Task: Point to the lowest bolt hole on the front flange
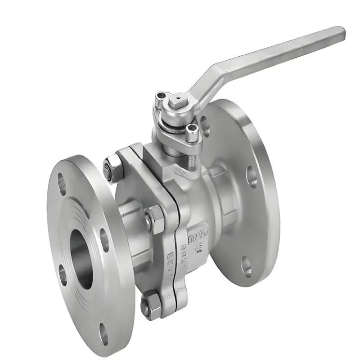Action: click(x=103, y=333)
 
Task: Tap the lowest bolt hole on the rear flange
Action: click(x=246, y=266)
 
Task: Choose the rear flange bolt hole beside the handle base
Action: click(x=205, y=126)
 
